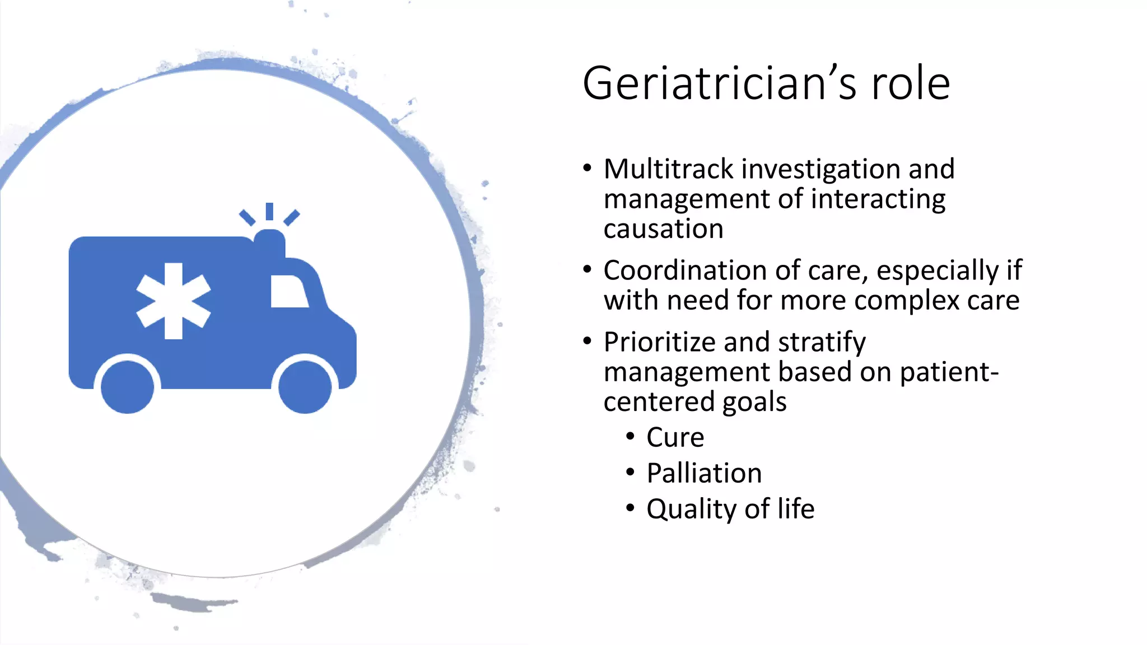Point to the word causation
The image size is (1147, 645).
(x=663, y=229)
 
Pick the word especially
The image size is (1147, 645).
(x=937, y=272)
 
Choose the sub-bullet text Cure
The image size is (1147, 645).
(x=675, y=437)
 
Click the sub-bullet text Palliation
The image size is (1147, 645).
(x=704, y=473)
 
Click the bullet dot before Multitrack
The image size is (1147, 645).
(x=587, y=168)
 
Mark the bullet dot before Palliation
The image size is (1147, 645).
(x=631, y=473)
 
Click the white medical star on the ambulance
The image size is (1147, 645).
(x=174, y=301)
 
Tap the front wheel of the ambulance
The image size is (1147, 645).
(x=305, y=387)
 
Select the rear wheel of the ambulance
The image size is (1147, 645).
(x=128, y=387)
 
